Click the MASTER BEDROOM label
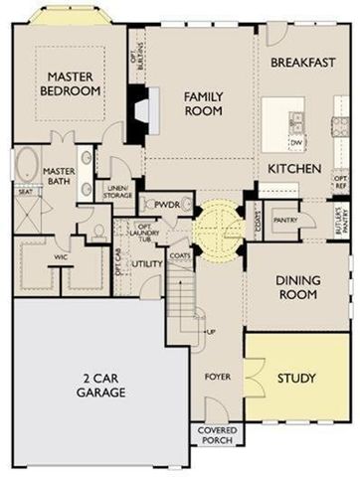pyautogui.click(x=72, y=83)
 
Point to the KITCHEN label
pyautogui.click(x=293, y=169)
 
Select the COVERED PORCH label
pyautogui.click(x=215, y=434)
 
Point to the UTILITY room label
pyautogui.click(x=148, y=263)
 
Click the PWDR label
pyautogui.click(x=166, y=204)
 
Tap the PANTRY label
pyautogui.click(x=286, y=222)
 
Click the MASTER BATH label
pyautogui.click(x=60, y=177)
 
